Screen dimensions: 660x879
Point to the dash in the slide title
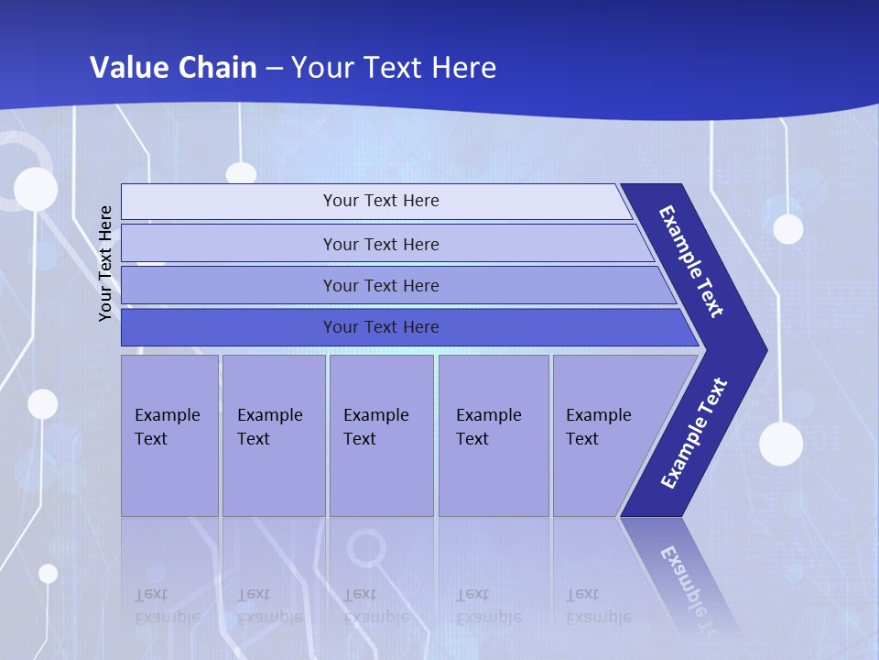(x=277, y=69)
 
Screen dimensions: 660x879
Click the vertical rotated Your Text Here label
(x=105, y=264)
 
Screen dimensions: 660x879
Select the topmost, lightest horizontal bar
(x=380, y=201)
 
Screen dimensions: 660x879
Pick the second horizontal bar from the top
(x=380, y=244)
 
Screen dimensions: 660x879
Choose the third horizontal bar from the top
(x=380, y=285)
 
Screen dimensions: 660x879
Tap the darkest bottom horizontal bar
(x=380, y=327)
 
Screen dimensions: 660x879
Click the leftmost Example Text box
(x=169, y=435)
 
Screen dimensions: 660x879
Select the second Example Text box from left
(x=273, y=435)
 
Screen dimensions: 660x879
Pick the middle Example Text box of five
(x=381, y=435)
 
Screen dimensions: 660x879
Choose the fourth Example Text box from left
(x=493, y=435)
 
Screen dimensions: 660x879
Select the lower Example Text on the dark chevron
(x=694, y=433)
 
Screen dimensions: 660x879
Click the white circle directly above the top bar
(x=241, y=173)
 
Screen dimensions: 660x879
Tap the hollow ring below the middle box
(x=366, y=549)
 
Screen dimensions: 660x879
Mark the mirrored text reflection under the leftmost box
(x=167, y=605)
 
